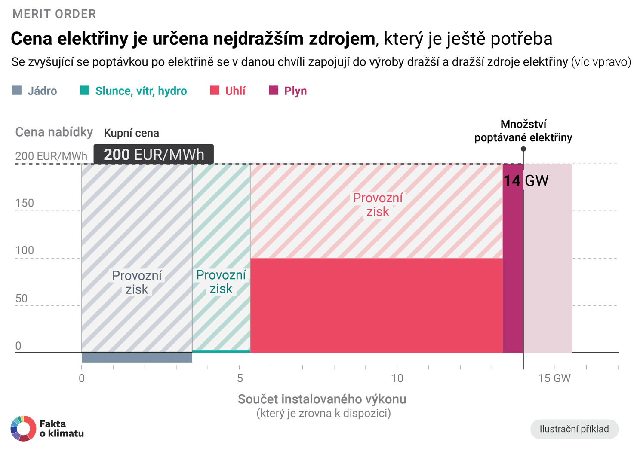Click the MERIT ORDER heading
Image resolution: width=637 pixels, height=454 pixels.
pos(54,14)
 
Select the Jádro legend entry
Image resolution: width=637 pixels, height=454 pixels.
pos(35,91)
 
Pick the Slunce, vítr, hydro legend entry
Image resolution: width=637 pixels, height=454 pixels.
pos(133,91)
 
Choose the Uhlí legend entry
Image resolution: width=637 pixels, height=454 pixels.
pos(228,91)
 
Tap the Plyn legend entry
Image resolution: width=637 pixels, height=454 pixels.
pos(288,91)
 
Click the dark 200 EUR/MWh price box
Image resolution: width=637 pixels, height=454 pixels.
pos(154,155)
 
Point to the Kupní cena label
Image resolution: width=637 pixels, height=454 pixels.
pos(131,133)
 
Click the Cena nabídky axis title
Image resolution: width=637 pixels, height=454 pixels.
pos(54,132)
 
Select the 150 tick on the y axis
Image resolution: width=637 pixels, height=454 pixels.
pos(25,203)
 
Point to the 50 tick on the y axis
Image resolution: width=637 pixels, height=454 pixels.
pos(22,299)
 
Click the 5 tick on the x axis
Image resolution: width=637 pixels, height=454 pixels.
pos(240,378)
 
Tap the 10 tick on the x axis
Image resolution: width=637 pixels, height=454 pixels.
pos(397,378)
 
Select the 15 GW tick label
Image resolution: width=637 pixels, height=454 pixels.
pos(554,378)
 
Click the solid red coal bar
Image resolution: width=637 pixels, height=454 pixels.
pos(376,305)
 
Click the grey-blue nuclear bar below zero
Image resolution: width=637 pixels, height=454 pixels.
pos(137,357)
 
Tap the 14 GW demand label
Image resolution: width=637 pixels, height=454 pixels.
pos(526,180)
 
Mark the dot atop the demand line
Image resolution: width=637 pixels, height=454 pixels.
pos(523,149)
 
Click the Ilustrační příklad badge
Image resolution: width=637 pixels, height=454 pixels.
pos(574,429)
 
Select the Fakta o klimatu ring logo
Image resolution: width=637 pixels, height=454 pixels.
pos(23,428)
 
